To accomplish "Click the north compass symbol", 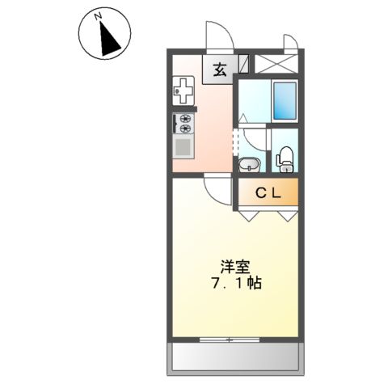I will (104, 35).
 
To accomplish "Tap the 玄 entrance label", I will (220, 70).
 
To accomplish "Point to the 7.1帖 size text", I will (234, 285).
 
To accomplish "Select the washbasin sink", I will (250, 165).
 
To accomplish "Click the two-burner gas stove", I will (183, 123).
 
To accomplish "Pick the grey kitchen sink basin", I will (183, 148).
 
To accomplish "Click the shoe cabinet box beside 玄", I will (243, 64).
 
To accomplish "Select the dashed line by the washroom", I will (237, 143).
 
